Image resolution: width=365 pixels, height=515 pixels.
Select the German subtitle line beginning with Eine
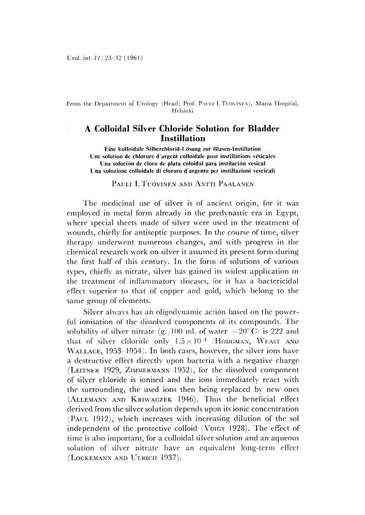182,148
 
